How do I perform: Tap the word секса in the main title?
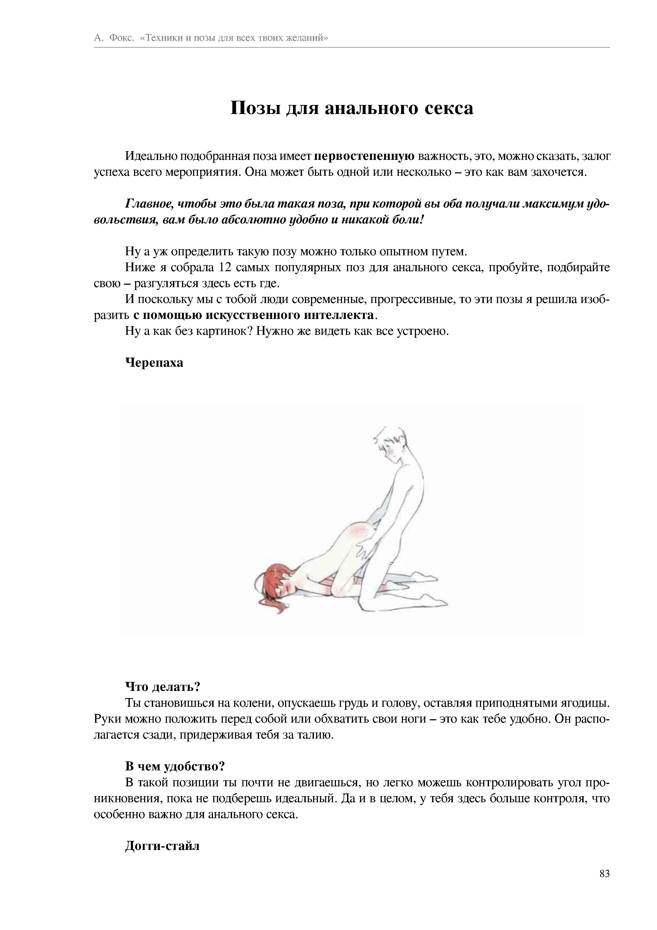(x=449, y=108)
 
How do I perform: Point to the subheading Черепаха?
(x=154, y=362)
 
